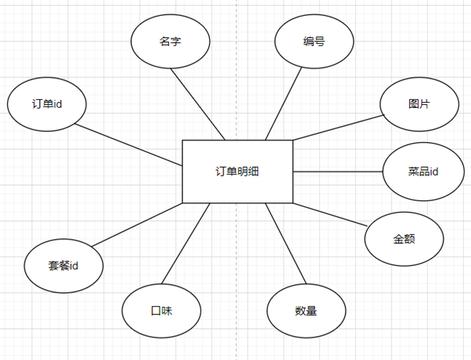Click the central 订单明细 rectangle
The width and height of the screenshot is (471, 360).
(x=237, y=171)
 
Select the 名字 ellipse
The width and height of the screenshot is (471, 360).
(x=171, y=42)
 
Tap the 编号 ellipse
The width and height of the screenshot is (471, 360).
(x=314, y=42)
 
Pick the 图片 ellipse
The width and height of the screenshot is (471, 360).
(x=419, y=104)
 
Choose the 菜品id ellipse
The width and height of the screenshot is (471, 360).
(x=423, y=171)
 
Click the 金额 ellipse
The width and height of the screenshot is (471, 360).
(x=404, y=239)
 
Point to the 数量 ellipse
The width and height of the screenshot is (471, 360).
(x=306, y=310)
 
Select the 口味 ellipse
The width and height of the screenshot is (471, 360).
(x=161, y=310)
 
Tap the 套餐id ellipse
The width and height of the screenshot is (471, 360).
(x=63, y=266)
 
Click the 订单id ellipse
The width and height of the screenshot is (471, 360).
(x=47, y=104)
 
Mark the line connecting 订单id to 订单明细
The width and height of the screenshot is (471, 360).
(x=128, y=145)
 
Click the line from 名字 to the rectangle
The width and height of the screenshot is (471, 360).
(x=198, y=104)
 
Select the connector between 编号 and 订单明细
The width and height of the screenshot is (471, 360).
(x=284, y=104)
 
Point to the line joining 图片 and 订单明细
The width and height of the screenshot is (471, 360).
(x=339, y=128)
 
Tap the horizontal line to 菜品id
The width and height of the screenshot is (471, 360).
(x=338, y=172)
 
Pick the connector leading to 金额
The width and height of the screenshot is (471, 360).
(x=330, y=215)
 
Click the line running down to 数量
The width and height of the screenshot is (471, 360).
(x=286, y=243)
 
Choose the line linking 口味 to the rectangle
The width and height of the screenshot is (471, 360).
(x=186, y=243)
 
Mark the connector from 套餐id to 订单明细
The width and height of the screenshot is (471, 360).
(x=137, y=225)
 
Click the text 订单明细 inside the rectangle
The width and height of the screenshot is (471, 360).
(x=237, y=171)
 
